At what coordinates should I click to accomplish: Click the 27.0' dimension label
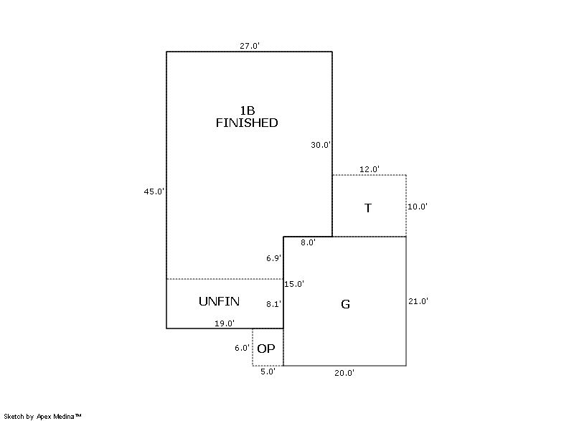tap(250, 46)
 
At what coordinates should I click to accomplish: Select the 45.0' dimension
tap(154, 191)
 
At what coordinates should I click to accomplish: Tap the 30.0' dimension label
tap(321, 145)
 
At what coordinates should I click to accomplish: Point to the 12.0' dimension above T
tap(370, 169)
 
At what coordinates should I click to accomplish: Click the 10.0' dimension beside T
tap(418, 207)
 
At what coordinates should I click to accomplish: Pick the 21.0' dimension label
tap(418, 301)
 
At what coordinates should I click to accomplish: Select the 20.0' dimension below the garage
tap(344, 372)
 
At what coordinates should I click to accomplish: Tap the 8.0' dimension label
tap(309, 242)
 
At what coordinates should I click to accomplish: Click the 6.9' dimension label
tap(273, 257)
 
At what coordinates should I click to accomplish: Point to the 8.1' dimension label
tap(273, 304)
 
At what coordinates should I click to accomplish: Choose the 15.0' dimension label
tap(294, 284)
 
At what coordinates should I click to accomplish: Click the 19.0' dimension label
tap(225, 323)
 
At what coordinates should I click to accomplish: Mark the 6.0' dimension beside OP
tap(242, 348)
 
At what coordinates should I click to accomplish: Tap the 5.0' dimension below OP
tap(268, 372)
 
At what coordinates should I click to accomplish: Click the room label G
tap(345, 304)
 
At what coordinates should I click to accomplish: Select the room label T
tap(368, 208)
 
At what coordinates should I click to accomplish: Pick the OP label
tap(266, 349)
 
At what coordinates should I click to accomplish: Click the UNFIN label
tap(219, 301)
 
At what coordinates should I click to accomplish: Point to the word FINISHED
tap(247, 123)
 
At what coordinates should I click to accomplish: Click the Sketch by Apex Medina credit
tap(42, 415)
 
